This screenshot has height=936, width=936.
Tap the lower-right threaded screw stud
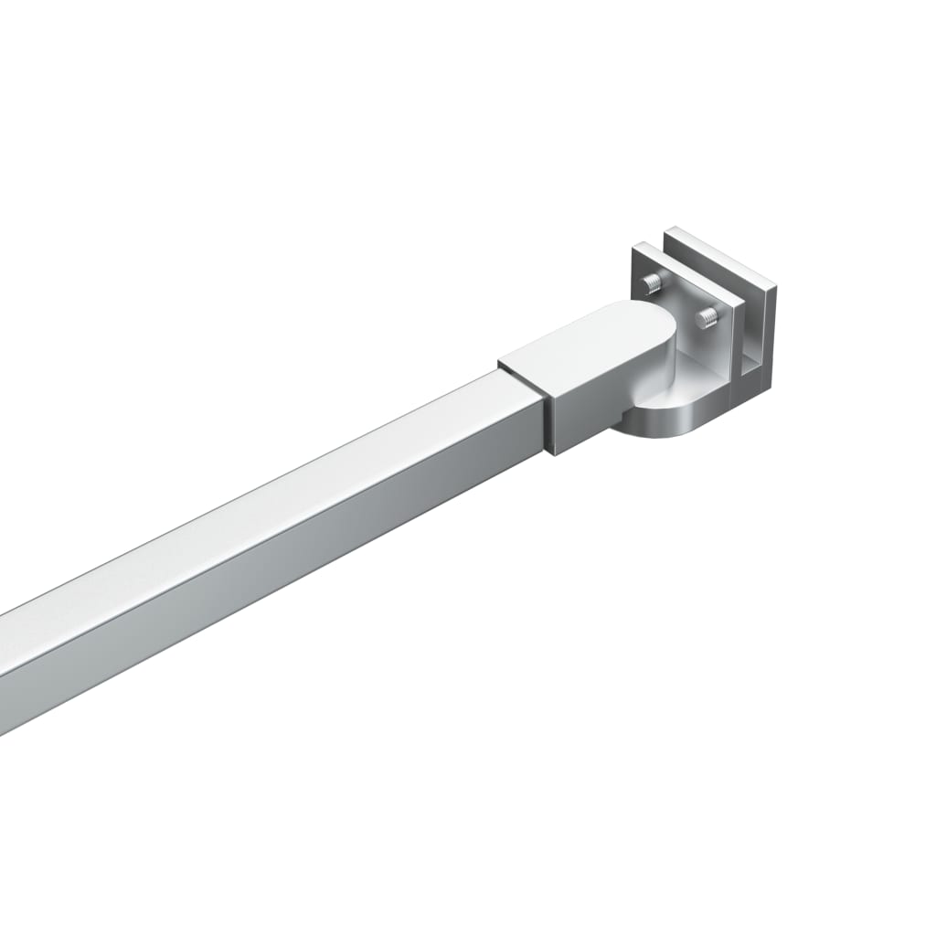(x=707, y=319)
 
